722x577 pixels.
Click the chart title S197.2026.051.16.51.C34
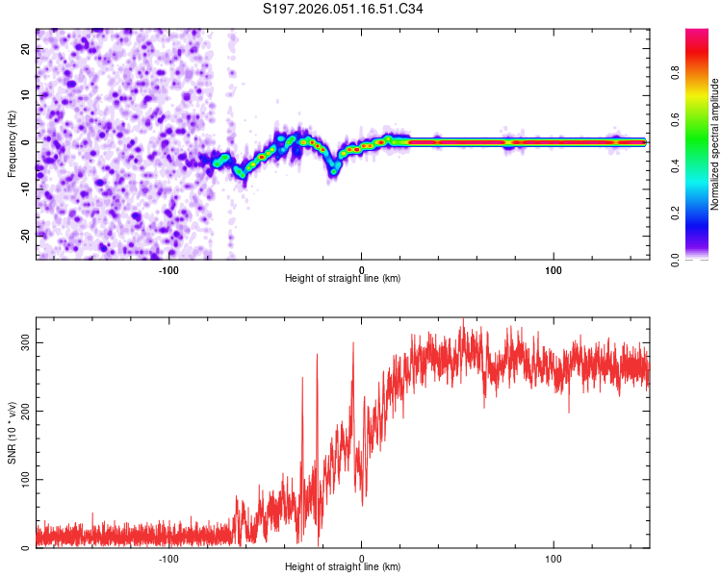click(344, 10)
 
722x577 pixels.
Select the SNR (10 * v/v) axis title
click(12, 433)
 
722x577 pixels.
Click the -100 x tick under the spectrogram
click(168, 269)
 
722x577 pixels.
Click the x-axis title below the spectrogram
click(343, 279)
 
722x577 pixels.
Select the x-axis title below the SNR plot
click(343, 567)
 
